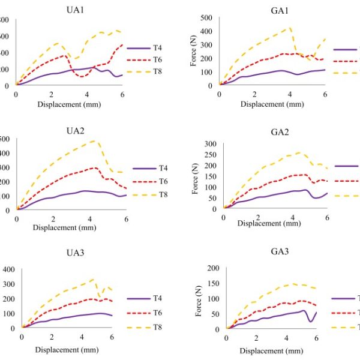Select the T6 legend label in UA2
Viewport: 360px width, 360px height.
[x=146, y=181]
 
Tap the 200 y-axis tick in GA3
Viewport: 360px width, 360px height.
[x=214, y=267]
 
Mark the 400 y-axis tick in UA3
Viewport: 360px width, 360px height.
[x=10, y=269]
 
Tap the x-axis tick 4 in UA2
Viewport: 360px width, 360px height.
[x=90, y=218]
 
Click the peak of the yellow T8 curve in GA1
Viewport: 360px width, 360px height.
[x=290, y=27]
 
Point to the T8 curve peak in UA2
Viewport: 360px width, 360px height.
[x=94, y=141]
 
